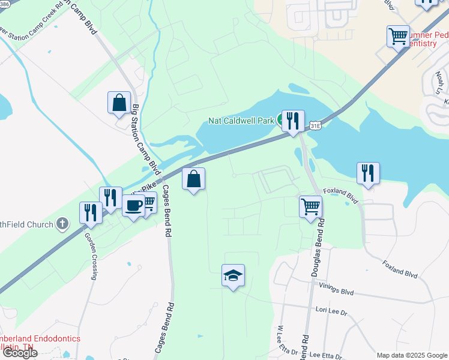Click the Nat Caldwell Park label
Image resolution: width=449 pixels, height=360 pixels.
coord(241,121)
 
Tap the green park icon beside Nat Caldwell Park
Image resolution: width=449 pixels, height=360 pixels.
coord(280,121)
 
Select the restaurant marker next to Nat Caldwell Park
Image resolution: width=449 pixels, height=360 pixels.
coord(293,122)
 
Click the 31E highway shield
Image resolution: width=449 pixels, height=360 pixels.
coord(316,126)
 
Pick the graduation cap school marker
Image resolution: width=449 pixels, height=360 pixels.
coord(233,276)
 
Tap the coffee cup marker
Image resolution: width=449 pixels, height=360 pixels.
coord(133,206)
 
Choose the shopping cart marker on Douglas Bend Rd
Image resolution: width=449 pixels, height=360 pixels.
coord(310,208)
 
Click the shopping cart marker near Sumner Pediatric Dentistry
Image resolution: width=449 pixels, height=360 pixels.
coord(398,37)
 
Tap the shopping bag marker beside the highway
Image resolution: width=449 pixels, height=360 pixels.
coord(193,179)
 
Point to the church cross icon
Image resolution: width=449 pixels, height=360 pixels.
coord(62,225)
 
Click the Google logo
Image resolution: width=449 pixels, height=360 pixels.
coord(20,353)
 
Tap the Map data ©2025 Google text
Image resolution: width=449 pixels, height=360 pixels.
coord(412,355)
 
